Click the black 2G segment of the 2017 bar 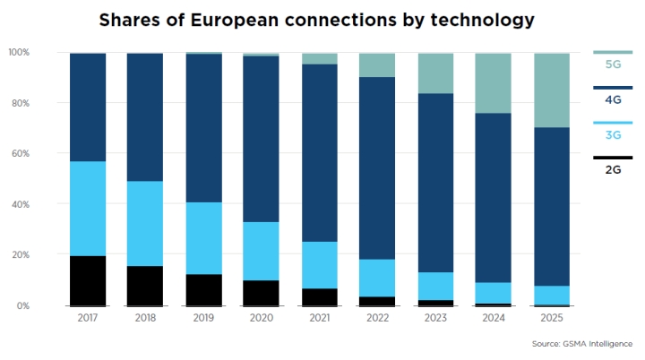point(88,281)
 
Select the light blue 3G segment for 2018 point(145,223)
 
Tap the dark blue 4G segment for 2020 point(261,139)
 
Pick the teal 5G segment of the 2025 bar point(552,90)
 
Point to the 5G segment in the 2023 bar point(436,73)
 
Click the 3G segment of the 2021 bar point(320,265)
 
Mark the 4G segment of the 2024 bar point(494,198)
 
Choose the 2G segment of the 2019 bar point(204,290)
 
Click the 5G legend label point(613,64)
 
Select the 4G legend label point(613,99)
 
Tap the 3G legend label point(613,135)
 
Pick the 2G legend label point(613,169)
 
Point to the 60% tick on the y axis point(21,153)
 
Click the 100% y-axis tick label point(19,52)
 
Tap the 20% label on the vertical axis point(21,254)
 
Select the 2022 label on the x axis point(378,318)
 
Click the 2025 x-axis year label point(552,318)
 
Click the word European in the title point(235,21)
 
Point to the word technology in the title point(483,21)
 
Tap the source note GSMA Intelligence point(598,344)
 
